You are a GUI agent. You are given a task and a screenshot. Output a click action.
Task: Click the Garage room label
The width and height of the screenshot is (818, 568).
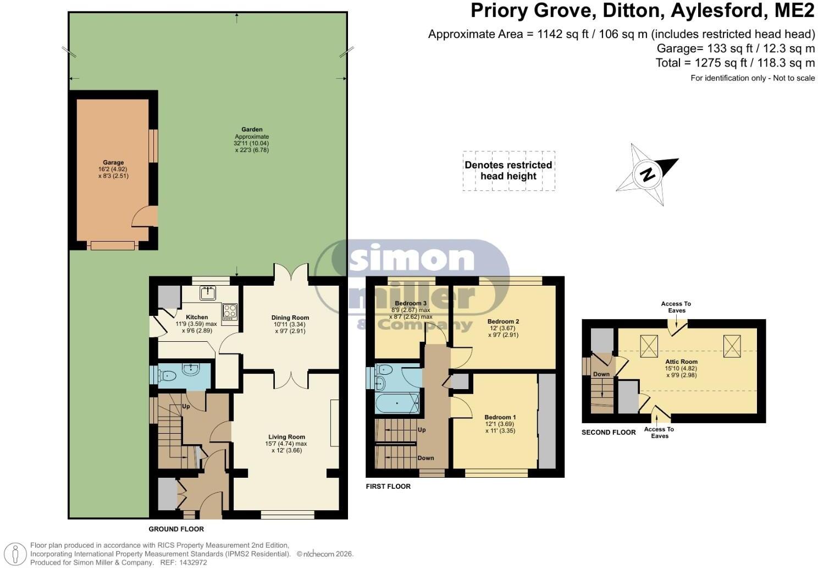click(113, 162)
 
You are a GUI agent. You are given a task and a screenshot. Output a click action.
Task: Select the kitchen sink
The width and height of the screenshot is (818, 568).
click(208, 293)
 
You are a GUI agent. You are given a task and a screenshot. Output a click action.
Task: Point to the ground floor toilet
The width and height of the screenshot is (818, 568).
click(167, 375)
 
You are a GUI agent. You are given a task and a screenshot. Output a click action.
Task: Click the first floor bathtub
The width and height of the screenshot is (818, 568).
click(397, 403)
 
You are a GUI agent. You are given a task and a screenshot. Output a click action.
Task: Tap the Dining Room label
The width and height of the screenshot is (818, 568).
click(290, 318)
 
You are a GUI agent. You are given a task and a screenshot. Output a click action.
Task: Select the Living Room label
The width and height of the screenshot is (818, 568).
click(286, 437)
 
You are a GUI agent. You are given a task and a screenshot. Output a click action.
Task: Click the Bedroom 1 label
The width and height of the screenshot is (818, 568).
click(500, 417)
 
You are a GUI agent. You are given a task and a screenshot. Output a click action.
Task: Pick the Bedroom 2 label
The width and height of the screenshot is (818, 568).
click(503, 321)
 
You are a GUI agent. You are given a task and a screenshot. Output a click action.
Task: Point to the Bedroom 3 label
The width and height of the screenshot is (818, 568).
click(411, 303)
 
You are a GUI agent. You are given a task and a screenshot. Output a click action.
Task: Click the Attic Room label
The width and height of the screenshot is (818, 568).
click(682, 362)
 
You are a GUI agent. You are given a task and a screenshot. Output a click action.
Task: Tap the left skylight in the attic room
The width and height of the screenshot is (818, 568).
click(649, 346)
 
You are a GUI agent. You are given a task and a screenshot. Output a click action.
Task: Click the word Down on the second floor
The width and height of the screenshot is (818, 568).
click(601, 374)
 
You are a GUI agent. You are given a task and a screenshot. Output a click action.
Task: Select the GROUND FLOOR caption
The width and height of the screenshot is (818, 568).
click(176, 529)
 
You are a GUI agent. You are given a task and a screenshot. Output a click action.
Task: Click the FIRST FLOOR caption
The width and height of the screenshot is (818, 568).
click(388, 487)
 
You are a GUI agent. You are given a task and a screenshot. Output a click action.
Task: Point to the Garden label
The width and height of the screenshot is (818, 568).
click(252, 129)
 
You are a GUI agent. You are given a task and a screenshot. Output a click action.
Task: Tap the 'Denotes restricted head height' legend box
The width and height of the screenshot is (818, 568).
click(509, 171)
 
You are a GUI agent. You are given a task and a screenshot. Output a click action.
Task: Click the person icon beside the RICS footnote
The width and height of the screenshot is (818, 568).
click(15, 554)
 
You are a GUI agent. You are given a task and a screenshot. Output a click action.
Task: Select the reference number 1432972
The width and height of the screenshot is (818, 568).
click(194, 562)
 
